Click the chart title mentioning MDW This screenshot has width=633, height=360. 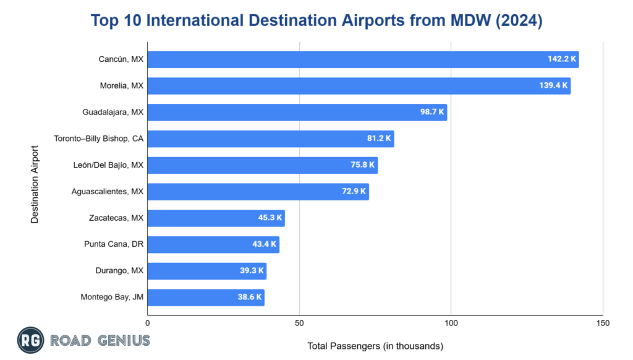[316, 20]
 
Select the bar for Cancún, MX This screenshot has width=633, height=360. [363, 59]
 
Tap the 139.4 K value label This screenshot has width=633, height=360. [553, 86]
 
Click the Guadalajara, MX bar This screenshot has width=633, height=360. [297, 113]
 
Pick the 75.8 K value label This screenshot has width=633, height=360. [360, 165]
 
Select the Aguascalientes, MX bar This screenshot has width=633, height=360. [258, 192]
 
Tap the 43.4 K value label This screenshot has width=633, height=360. [264, 244]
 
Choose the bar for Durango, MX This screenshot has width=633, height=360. [206, 271]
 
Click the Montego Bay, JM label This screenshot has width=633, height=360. [112, 298]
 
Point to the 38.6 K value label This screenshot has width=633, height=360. [249, 298]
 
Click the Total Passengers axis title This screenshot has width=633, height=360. [375, 346]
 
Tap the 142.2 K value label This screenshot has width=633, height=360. [561, 59]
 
